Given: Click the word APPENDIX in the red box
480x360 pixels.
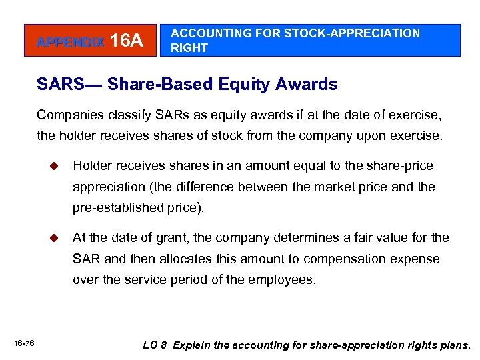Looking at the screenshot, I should pyautogui.click(x=70, y=43).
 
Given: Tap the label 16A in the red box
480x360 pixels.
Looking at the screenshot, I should pyautogui.click(x=127, y=41).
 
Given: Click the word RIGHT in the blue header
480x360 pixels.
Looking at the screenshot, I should pyautogui.click(x=189, y=48).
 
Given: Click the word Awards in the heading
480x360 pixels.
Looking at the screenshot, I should pyautogui.click(x=307, y=85).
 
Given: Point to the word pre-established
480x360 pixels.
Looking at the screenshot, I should pyautogui.click(x=115, y=207).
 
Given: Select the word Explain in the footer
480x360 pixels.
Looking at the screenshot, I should pyautogui.click(x=195, y=345).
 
